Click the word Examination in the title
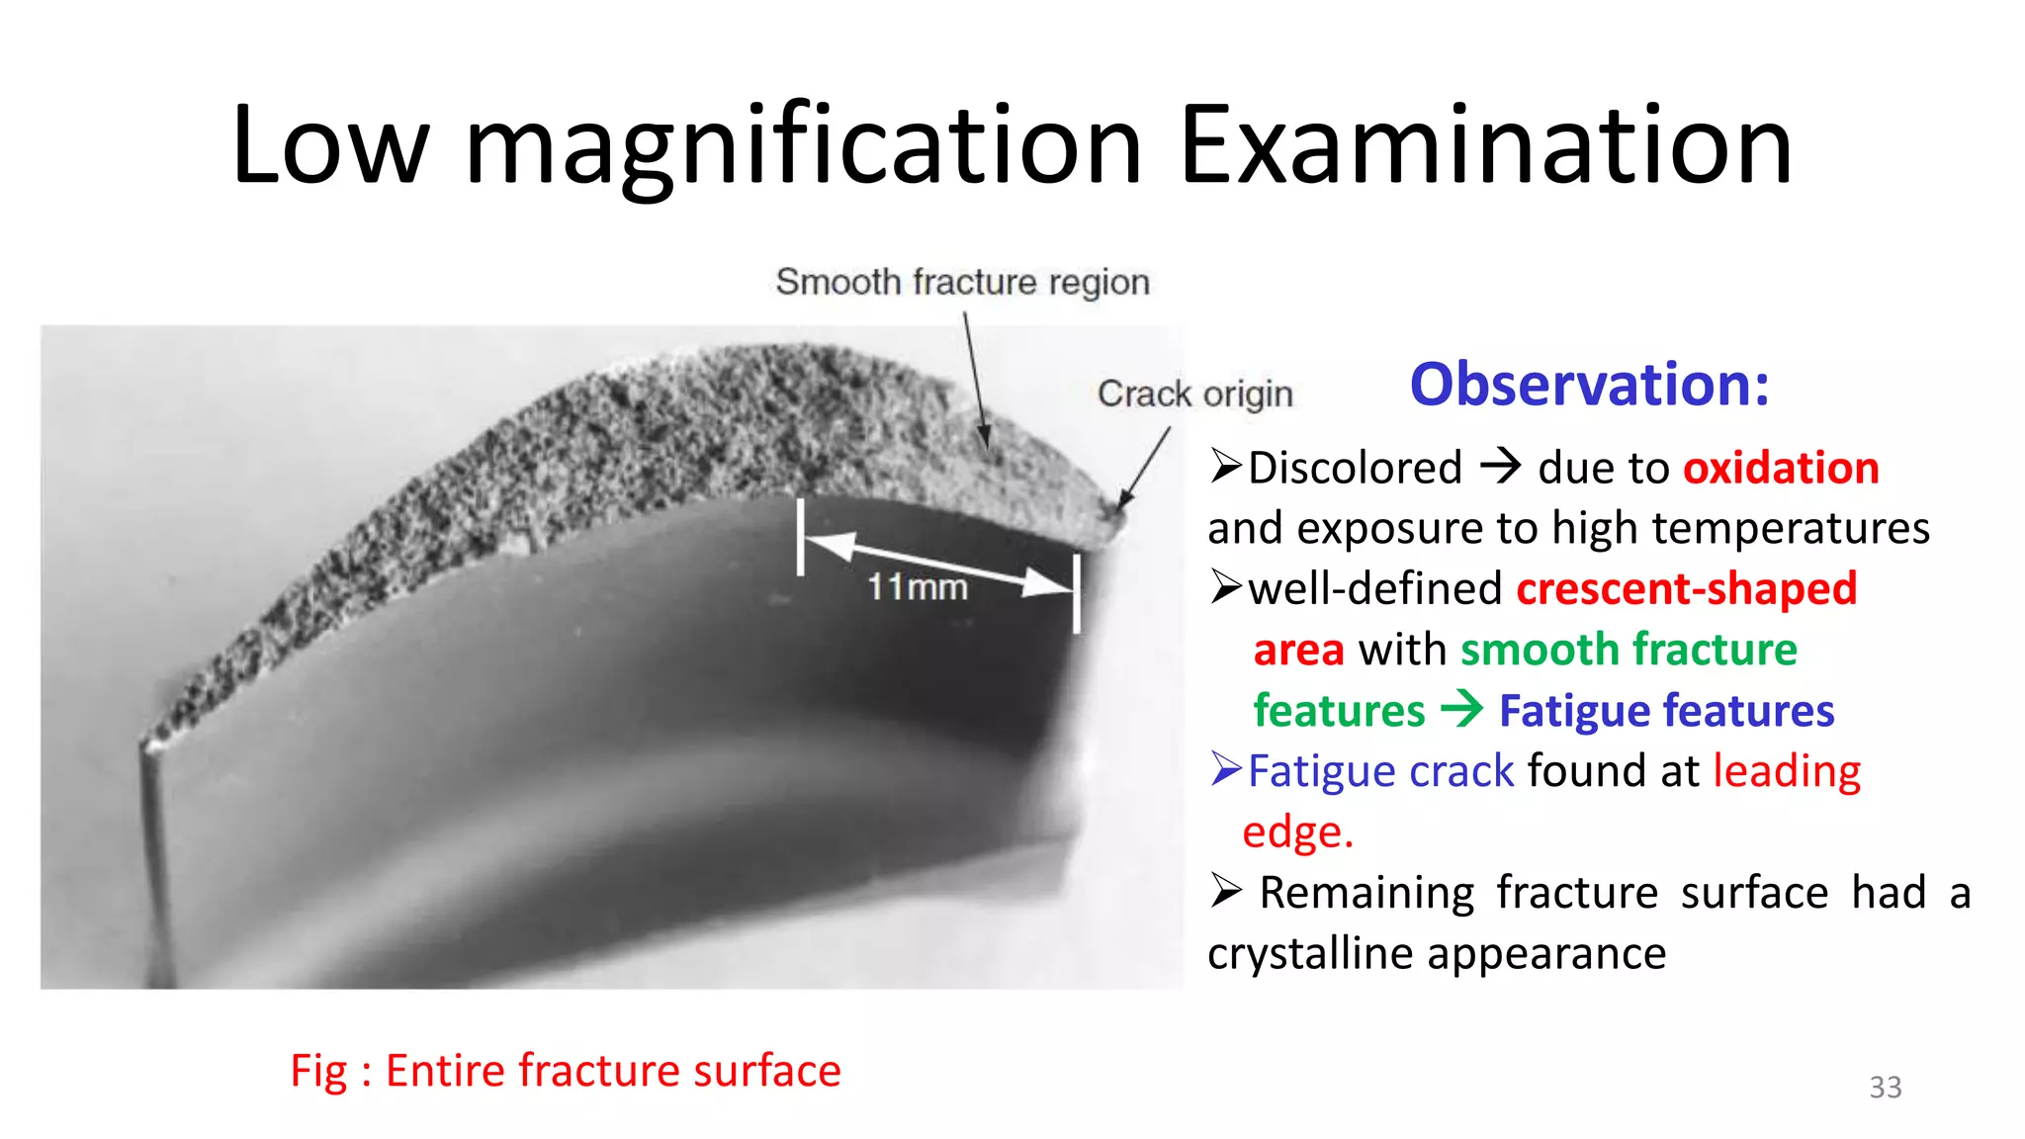1485,146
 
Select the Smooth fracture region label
962,283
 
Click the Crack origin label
1194,394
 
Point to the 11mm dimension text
917,587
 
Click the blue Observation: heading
1589,385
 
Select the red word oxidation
1781,468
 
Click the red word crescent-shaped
1687,589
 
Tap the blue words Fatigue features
1666,711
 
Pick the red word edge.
1296,832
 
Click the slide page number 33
1885,1088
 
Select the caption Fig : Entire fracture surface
565,1071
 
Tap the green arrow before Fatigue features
1461,709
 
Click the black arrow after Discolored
1500,465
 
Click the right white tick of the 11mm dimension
1077,593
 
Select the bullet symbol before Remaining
1225,891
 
